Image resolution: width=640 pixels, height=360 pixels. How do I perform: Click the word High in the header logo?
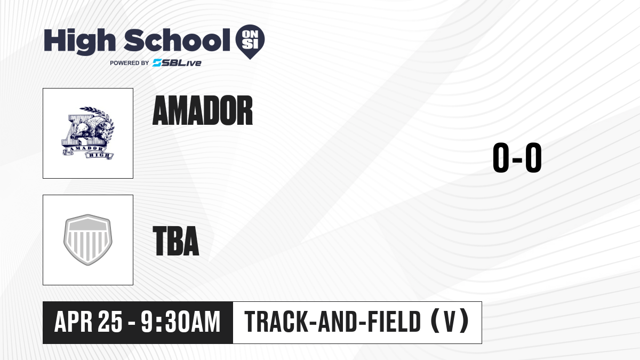[80, 42]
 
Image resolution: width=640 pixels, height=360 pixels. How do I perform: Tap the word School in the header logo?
[177, 40]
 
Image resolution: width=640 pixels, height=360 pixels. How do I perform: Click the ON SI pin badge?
[250, 42]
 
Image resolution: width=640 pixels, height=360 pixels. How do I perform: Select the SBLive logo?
[177, 63]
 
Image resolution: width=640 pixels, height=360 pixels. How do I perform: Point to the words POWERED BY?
[130, 63]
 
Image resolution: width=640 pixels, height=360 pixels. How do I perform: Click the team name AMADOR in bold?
[203, 110]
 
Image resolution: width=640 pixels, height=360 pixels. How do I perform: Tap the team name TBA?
[175, 241]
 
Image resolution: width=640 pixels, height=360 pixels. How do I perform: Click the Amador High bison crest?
[88, 133]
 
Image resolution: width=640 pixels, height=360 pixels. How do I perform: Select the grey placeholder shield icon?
[88, 239]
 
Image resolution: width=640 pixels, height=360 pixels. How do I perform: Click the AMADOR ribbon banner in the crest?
[83, 149]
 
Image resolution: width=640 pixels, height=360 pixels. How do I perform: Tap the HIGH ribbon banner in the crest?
[99, 155]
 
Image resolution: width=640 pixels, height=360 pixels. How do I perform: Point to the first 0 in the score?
[501, 157]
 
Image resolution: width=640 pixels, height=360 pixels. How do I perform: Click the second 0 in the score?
[533, 157]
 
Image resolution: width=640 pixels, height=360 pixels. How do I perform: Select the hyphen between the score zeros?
[517, 159]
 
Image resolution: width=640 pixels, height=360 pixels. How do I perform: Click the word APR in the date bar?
[73, 322]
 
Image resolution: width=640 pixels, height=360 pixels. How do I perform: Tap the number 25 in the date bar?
[110, 322]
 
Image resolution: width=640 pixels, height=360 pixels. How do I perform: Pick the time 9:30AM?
[181, 322]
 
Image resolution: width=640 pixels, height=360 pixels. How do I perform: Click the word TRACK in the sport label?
[276, 322]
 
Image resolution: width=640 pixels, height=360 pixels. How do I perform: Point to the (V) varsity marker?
[450, 322]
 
